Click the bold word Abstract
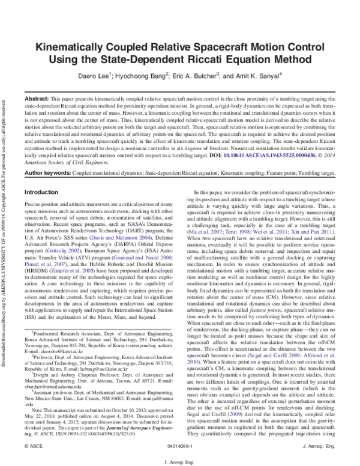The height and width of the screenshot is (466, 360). tap(37, 97)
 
